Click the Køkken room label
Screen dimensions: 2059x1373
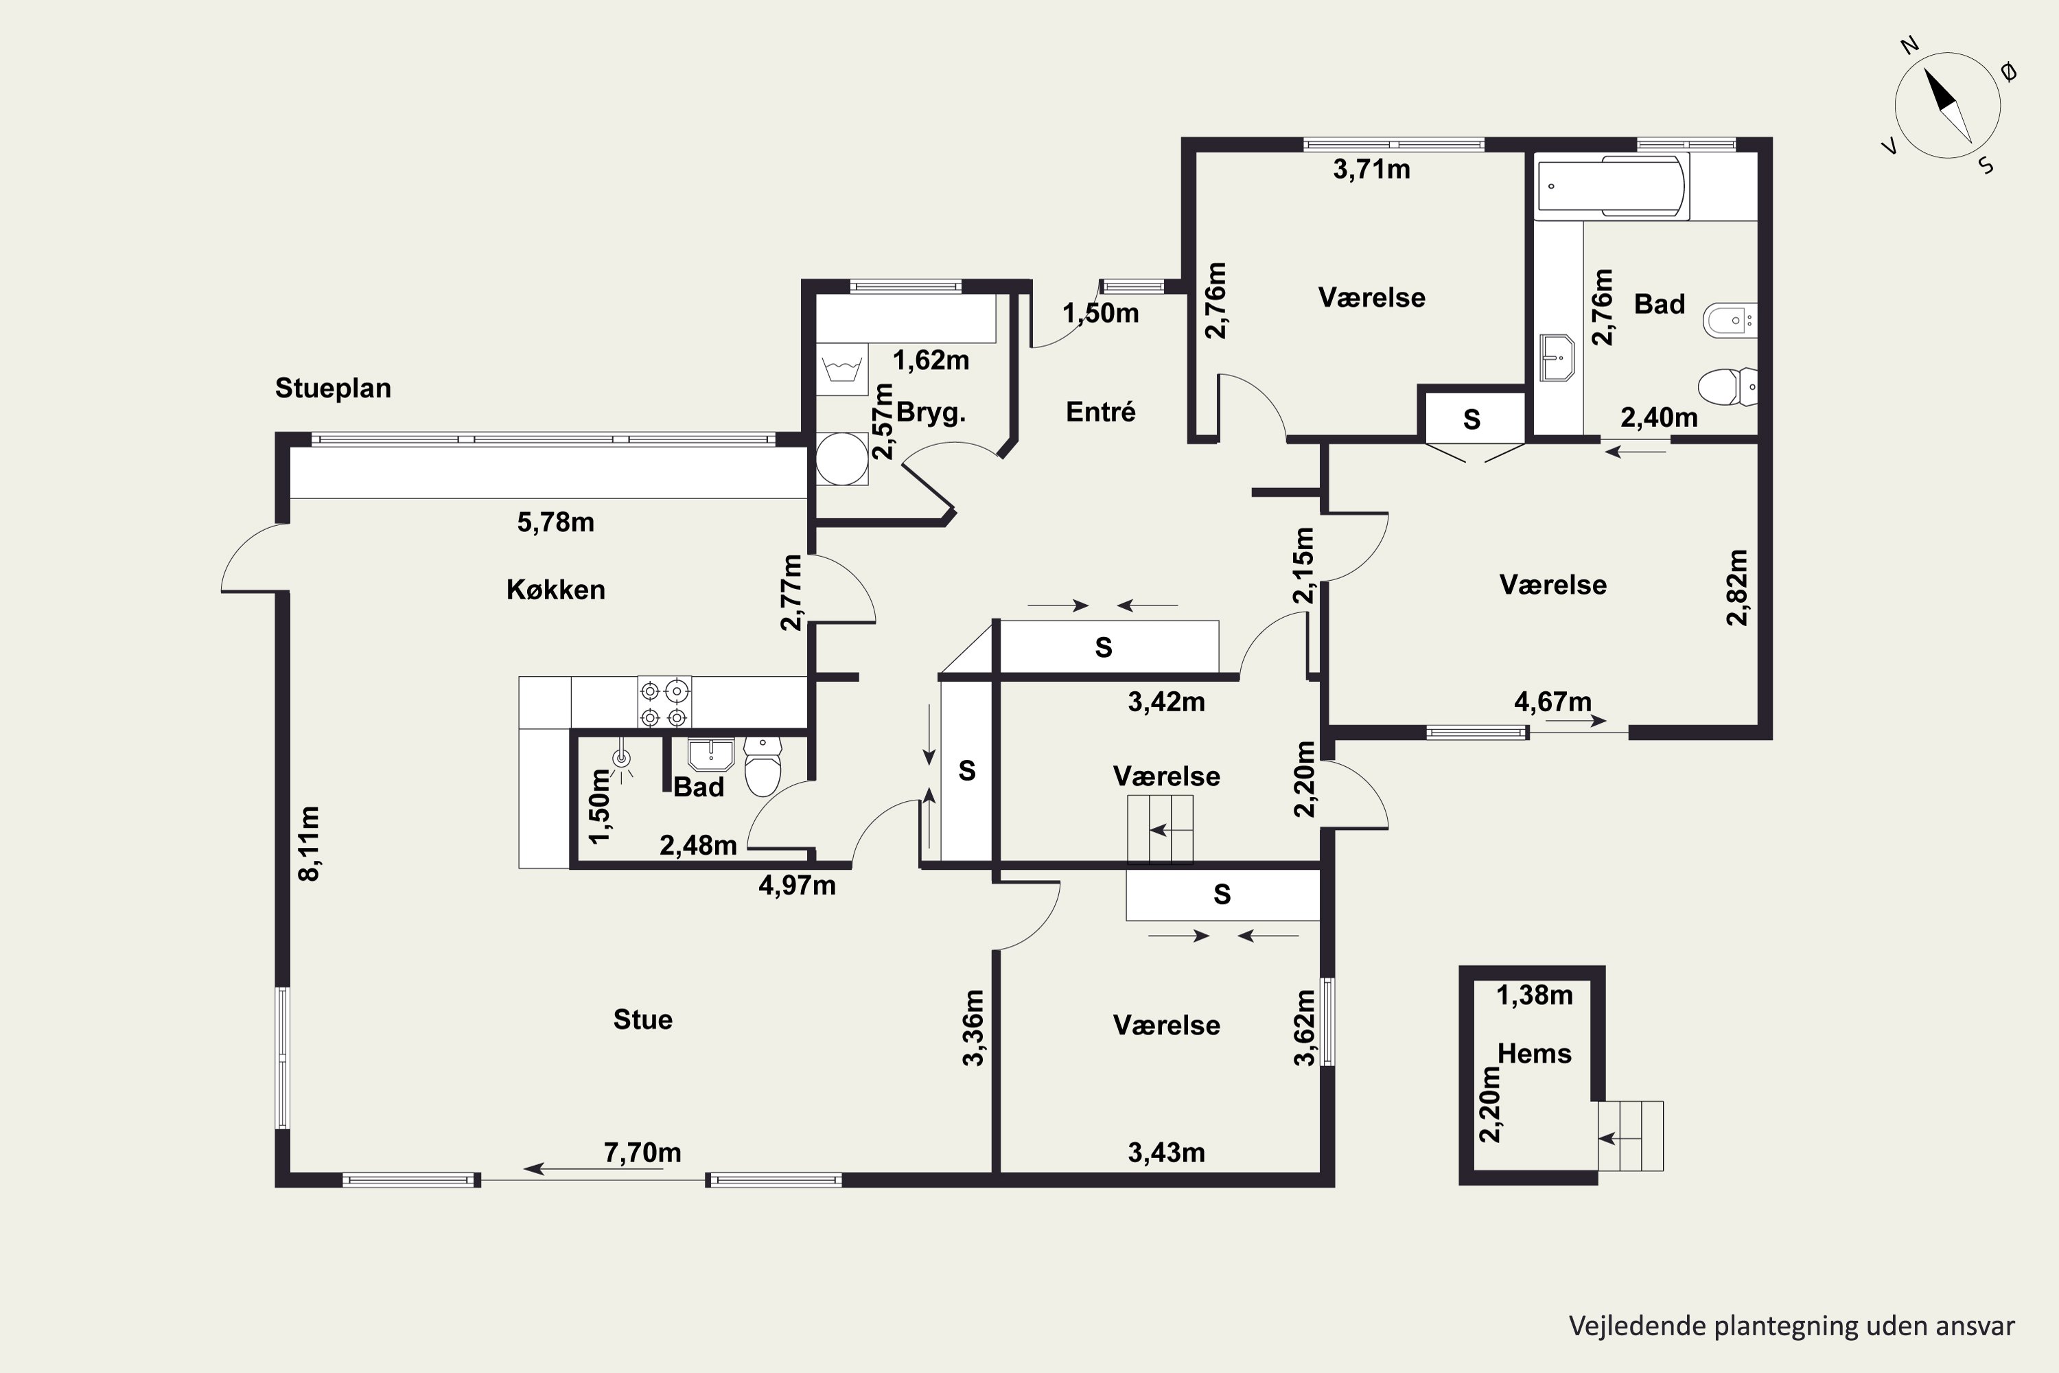pos(555,589)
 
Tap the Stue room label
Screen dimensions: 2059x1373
pos(642,1019)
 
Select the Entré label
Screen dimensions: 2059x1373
pos(1100,411)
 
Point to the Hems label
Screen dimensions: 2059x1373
pos(1535,1053)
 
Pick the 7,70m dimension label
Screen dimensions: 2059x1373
pos(642,1153)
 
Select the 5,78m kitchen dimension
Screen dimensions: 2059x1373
pos(556,522)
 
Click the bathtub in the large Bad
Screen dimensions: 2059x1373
pos(1612,185)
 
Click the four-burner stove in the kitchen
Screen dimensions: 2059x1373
pos(664,702)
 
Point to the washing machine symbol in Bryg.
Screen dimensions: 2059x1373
pos(842,369)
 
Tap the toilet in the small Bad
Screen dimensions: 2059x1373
pos(763,765)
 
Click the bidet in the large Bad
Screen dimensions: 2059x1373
pos(1730,321)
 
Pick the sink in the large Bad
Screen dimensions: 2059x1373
pos(1557,358)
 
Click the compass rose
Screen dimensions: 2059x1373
pos(1948,106)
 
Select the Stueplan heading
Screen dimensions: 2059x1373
pos(333,388)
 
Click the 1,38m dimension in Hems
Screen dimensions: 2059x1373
pos(1535,995)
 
